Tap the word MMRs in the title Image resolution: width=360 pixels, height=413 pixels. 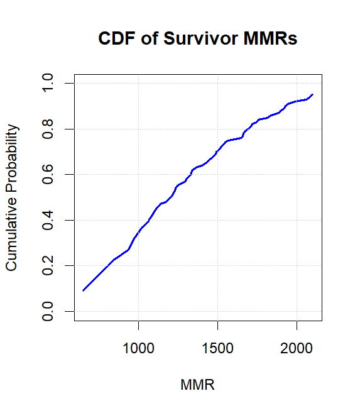271,39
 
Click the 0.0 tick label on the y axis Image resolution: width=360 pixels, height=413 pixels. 48,311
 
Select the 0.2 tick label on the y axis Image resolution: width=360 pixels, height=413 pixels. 48,265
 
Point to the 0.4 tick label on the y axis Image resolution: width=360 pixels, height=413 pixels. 48,220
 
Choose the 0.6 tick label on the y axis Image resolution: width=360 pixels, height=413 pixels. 48,174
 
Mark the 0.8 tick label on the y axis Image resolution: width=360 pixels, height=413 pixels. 48,129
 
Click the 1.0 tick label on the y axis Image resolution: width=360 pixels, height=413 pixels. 48,83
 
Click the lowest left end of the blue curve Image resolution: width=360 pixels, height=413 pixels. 83,290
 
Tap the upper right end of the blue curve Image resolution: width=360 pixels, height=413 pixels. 312,94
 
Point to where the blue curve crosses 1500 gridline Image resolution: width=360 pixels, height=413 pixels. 217,151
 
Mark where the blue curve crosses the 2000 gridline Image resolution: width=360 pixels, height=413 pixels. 297,101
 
